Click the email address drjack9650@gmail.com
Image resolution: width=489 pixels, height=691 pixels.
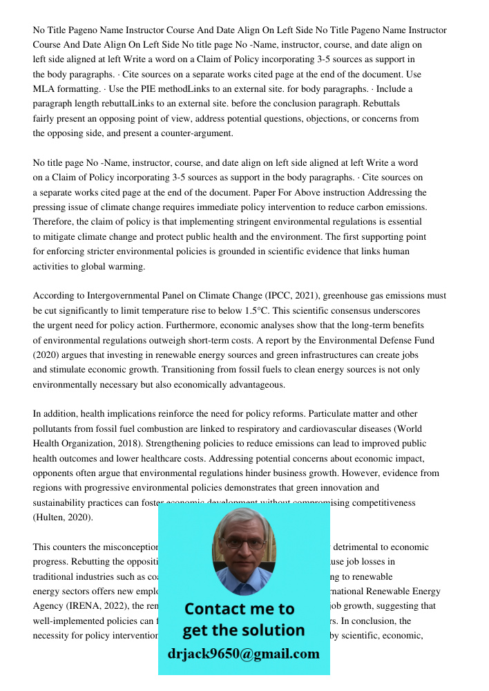(244, 654)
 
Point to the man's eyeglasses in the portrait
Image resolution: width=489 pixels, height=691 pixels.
(243, 543)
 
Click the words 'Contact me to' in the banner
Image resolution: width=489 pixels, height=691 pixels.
(239, 609)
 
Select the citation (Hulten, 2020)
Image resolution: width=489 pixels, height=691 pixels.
(63, 517)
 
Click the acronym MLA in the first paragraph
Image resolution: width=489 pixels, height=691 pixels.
(44, 89)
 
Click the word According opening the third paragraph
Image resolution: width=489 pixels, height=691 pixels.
(54, 296)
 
